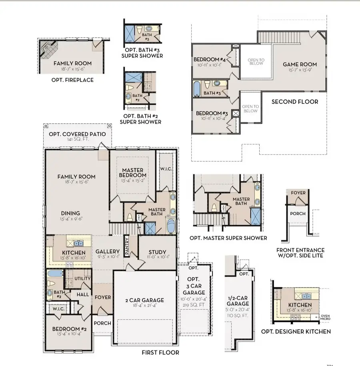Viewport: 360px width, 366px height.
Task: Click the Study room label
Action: tap(157, 252)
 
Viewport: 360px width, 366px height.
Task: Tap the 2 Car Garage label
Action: tap(144, 300)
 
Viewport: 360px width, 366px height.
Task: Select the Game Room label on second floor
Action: tap(300, 64)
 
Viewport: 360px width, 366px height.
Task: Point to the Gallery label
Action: tap(108, 251)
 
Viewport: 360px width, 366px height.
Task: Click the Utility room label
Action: tap(82, 278)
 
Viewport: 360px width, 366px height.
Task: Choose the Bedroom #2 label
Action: tap(66, 329)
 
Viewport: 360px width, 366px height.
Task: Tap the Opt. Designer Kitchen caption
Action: tap(296, 331)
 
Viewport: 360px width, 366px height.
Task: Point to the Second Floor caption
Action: tap(295, 102)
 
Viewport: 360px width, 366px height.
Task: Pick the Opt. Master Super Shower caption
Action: tap(228, 238)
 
